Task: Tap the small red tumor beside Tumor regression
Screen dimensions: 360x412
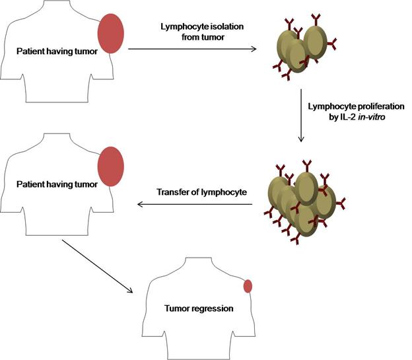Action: (x=248, y=286)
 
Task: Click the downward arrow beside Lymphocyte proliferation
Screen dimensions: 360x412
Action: (x=301, y=115)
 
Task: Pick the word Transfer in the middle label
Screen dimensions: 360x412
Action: (x=173, y=193)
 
